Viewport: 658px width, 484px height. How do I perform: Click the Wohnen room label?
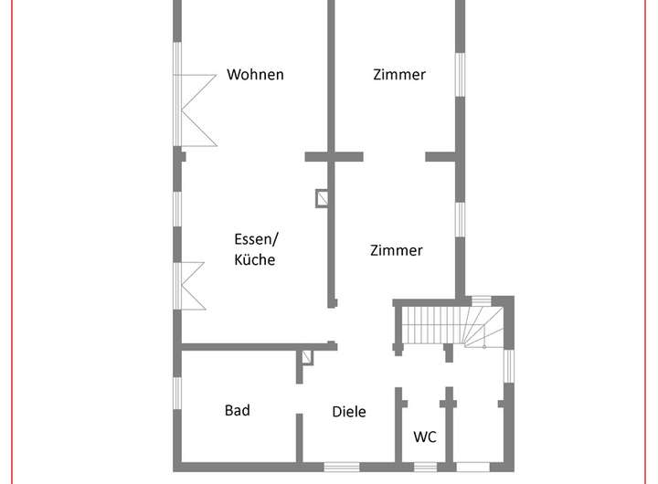[255, 75]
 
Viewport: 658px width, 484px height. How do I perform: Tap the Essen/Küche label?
[255, 249]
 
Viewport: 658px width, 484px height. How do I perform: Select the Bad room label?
[238, 410]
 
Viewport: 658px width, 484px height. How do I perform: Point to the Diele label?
[348, 412]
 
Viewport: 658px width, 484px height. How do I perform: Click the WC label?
[425, 437]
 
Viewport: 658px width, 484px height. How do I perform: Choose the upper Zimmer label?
[398, 75]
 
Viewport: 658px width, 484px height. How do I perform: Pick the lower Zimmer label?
[397, 250]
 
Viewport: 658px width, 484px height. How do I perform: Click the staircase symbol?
[447, 325]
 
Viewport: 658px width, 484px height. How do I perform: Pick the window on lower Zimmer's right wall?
[461, 224]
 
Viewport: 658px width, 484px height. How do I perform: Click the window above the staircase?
[480, 300]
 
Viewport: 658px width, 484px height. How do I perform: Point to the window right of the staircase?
[510, 365]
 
